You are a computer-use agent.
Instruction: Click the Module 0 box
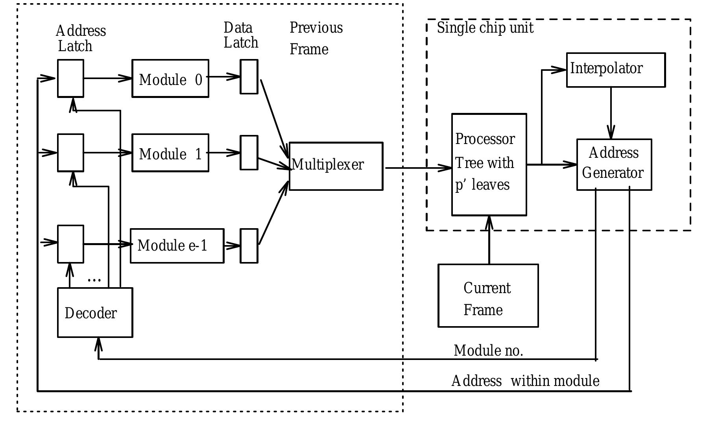[170, 79]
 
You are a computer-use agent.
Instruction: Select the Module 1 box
[170, 153]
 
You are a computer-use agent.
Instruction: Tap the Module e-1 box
[177, 246]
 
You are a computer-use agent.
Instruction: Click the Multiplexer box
[336, 166]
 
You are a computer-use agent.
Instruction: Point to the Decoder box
[95, 313]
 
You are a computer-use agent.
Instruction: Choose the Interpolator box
[616, 70]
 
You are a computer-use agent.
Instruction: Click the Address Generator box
[614, 164]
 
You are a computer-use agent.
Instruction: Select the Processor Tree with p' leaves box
[489, 164]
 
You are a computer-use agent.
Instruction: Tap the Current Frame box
[488, 295]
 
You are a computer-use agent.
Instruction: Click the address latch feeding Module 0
[70, 78]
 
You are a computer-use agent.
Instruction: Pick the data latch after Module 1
[249, 153]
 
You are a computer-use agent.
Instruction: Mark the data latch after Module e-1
[249, 246]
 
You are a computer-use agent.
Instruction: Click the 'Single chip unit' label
[485, 28]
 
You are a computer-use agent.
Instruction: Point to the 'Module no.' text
[488, 351]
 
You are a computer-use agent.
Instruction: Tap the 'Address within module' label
[525, 381]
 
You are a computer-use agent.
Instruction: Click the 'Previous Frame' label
[316, 38]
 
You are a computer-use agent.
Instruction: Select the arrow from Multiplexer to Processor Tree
[417, 168]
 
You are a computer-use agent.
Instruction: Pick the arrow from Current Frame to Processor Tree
[489, 240]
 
